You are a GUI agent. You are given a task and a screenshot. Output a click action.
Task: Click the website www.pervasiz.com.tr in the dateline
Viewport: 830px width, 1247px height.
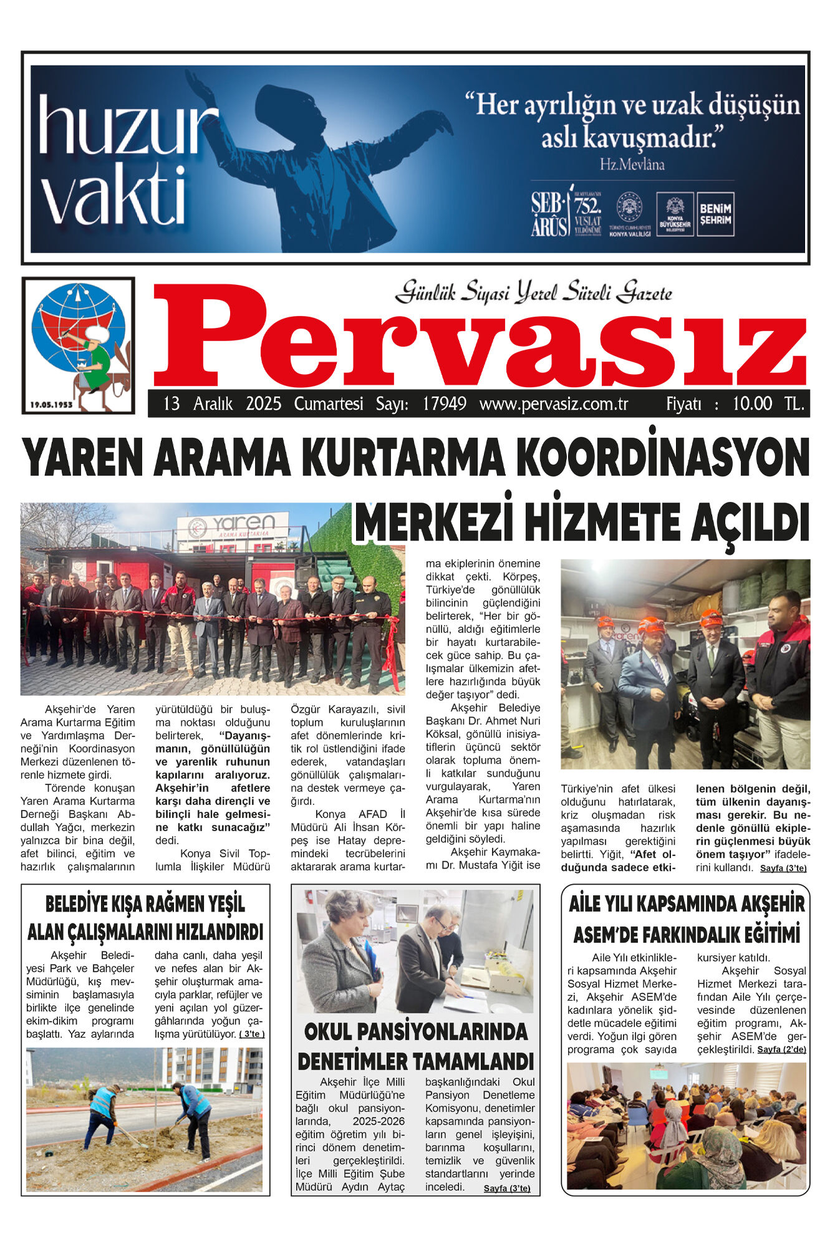553,404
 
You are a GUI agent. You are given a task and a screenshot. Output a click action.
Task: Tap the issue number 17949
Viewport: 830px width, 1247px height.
444,404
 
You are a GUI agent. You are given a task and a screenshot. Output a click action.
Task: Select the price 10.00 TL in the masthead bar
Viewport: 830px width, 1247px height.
768,404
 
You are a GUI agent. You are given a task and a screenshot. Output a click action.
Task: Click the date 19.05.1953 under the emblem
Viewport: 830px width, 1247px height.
51,405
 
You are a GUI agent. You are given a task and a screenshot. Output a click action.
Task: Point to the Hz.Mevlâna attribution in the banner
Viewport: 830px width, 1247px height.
632,165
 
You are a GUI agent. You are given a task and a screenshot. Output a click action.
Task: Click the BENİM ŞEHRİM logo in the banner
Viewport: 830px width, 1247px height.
715,214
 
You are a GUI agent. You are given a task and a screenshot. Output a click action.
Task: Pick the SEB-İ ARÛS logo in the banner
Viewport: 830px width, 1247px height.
549,214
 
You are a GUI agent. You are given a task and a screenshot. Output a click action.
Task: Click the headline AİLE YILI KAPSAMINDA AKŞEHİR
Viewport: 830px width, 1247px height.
686,903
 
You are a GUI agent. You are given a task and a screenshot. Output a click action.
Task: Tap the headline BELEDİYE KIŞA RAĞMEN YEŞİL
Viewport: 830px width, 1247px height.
145,904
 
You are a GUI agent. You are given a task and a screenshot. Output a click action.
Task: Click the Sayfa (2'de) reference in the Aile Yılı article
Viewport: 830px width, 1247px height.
781,1050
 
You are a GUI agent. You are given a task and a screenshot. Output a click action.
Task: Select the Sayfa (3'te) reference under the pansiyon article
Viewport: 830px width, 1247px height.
506,1188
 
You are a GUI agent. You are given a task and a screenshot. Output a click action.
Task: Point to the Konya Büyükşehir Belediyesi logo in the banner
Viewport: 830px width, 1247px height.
675,214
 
